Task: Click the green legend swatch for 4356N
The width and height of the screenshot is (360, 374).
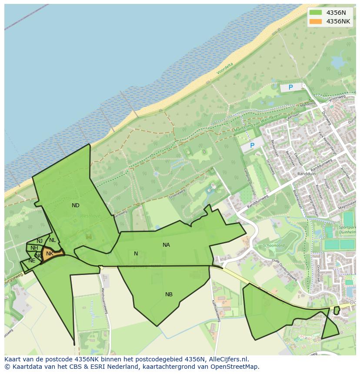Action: point(316,13)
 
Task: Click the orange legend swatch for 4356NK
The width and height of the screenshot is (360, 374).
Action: point(316,21)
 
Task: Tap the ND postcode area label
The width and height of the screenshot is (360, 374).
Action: point(76,205)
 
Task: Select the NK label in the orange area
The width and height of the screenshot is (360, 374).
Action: point(50,254)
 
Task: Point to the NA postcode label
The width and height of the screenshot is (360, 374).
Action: point(166,245)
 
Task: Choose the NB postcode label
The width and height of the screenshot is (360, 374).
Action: point(169,295)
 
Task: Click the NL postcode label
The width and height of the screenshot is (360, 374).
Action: point(53,240)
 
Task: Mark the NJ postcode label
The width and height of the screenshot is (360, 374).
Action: point(40,241)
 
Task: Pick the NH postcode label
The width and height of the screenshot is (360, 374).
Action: point(34,248)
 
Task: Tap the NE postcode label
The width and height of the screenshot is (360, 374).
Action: point(32,261)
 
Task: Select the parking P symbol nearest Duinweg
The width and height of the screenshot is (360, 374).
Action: point(291,87)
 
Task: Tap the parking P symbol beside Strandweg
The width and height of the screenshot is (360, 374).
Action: point(252,146)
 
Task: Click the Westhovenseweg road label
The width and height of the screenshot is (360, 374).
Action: point(104,300)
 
